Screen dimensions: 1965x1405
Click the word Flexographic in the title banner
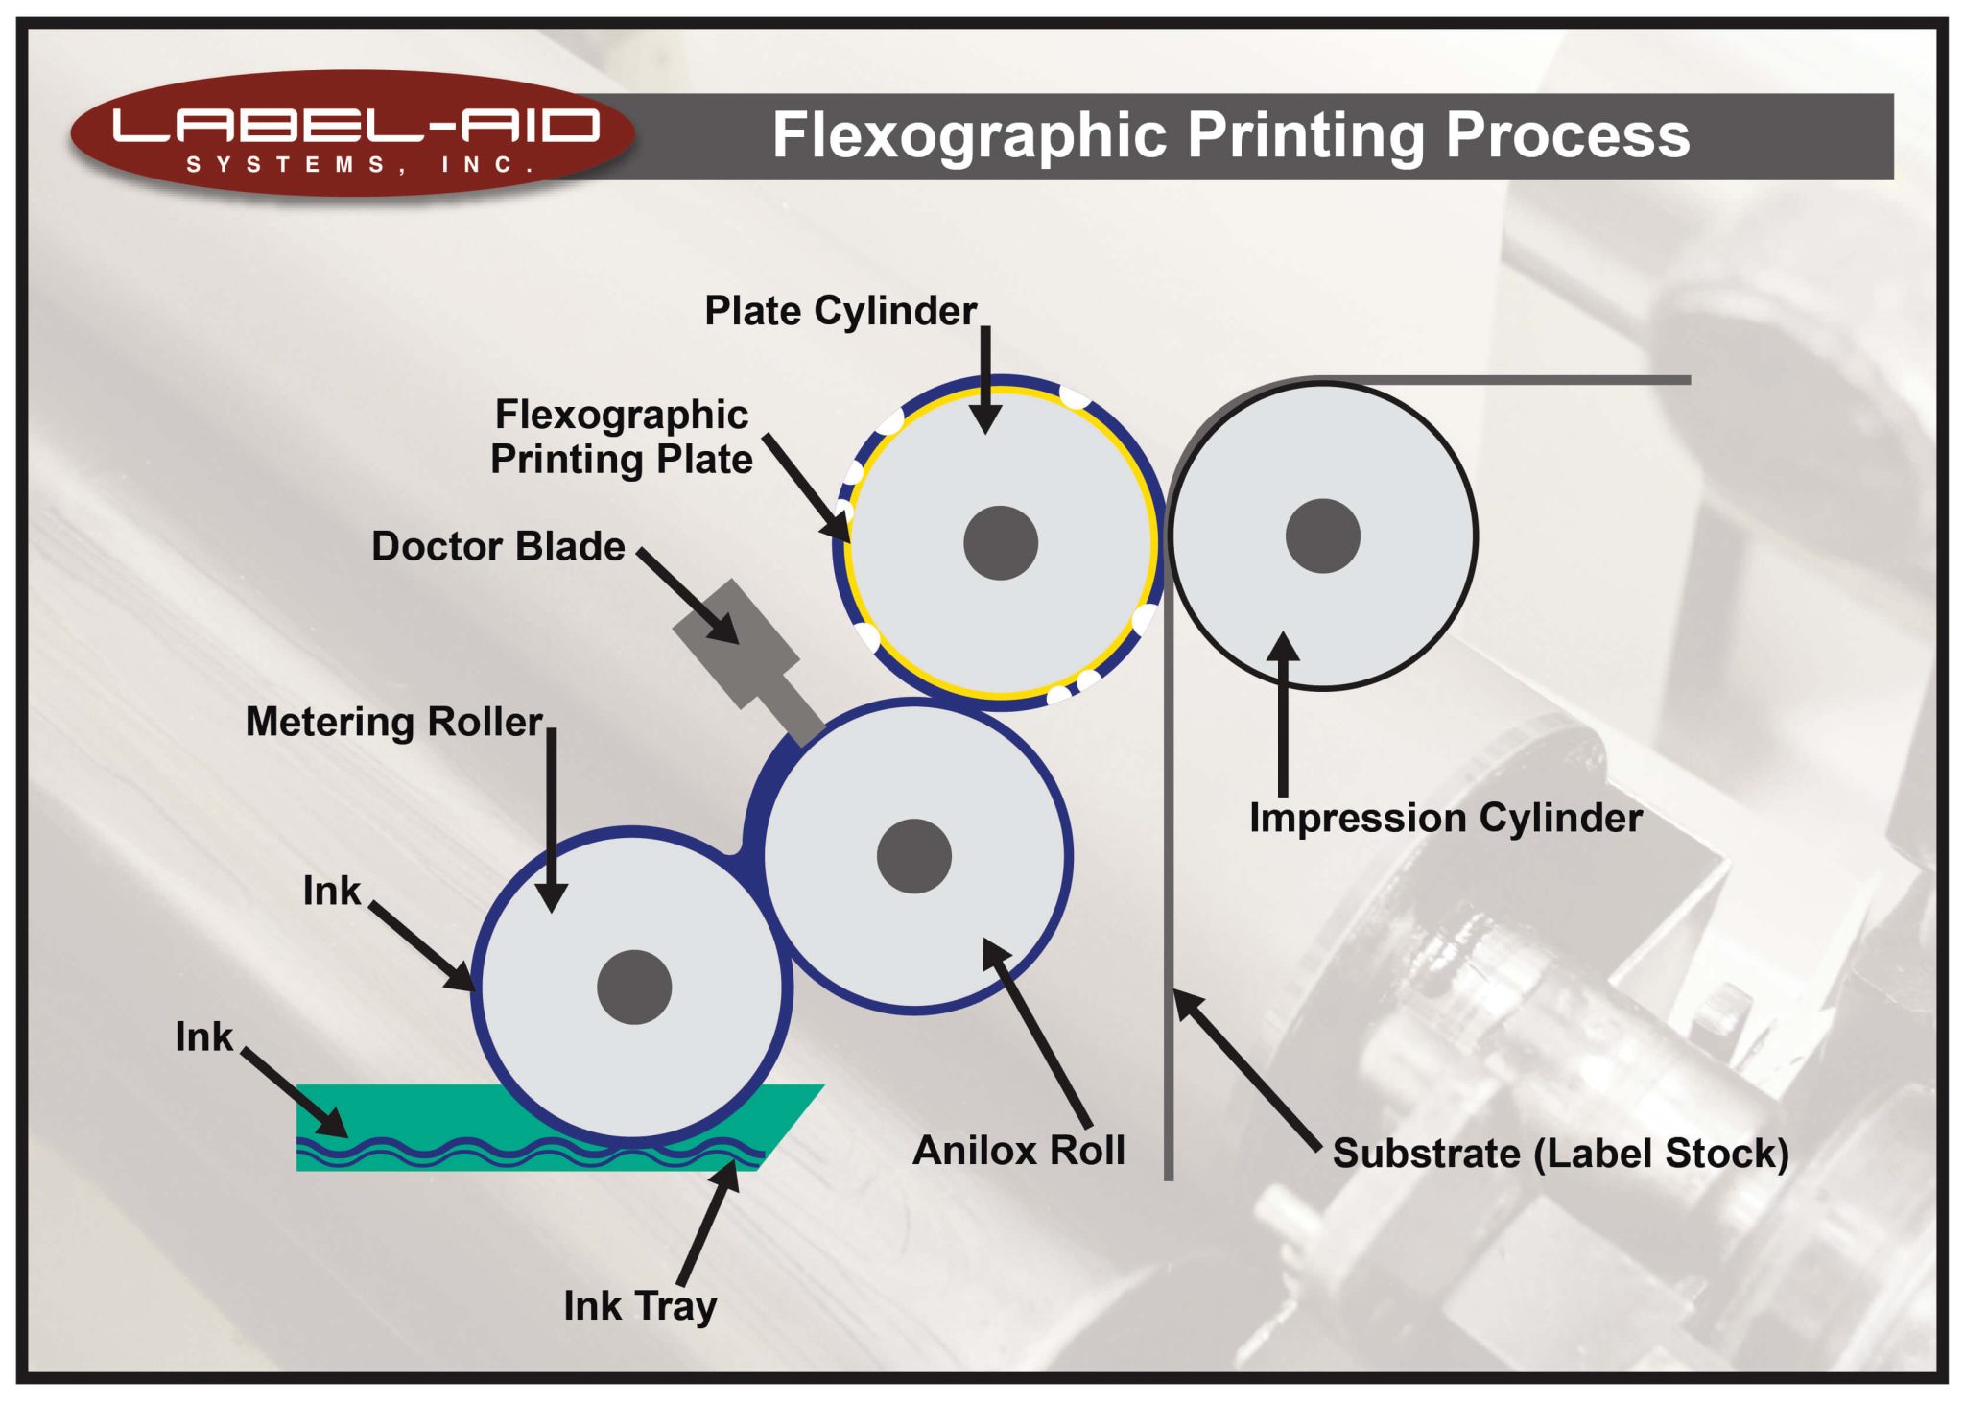pos(969,136)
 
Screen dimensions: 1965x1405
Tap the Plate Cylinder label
pos(840,311)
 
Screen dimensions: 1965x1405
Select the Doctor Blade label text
pos(498,546)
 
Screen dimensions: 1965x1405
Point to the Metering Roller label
pos(394,722)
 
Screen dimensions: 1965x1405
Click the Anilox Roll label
pos(1019,1150)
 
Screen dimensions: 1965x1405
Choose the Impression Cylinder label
pos(1446,818)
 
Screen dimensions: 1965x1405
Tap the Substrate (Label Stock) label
pos(1561,1154)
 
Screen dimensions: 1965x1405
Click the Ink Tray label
pos(640,1306)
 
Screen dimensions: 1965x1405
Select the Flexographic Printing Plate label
pos(622,437)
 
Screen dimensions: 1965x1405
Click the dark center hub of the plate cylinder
pos(1001,543)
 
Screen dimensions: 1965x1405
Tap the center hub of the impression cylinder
pos(1323,536)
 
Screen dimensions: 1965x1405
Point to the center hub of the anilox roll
pos(914,856)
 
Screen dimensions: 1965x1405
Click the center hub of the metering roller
pos(634,988)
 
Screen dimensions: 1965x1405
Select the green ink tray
pos(537,1128)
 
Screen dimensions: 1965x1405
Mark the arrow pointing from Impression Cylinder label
pos(1283,714)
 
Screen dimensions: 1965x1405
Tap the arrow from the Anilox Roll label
pos(1036,1034)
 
